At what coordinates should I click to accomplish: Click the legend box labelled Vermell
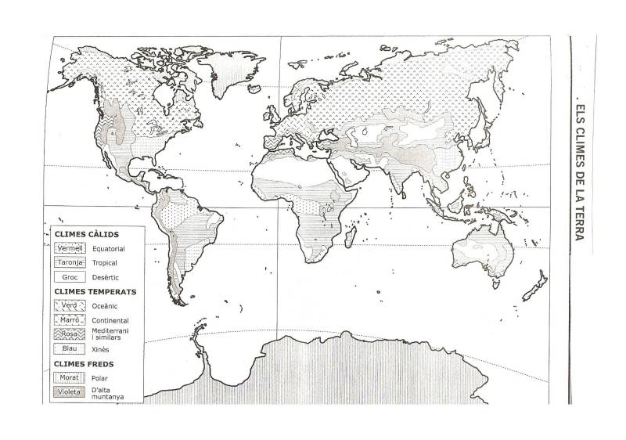point(70,248)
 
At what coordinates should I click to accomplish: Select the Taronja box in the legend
point(70,262)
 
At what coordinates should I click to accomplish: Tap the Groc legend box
point(70,276)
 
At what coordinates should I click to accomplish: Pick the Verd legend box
point(70,305)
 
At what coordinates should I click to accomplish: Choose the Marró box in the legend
point(70,319)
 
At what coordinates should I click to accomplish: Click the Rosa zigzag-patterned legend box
point(70,334)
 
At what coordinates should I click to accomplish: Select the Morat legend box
point(70,377)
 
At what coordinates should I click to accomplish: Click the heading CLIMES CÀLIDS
point(86,234)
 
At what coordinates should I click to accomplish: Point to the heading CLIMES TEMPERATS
point(95,291)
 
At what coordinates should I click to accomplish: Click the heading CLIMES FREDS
point(84,363)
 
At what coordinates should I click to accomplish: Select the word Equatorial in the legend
point(108,249)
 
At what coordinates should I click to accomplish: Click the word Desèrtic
point(106,277)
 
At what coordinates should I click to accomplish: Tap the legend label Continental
point(110,320)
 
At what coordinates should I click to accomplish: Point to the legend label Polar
point(100,377)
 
